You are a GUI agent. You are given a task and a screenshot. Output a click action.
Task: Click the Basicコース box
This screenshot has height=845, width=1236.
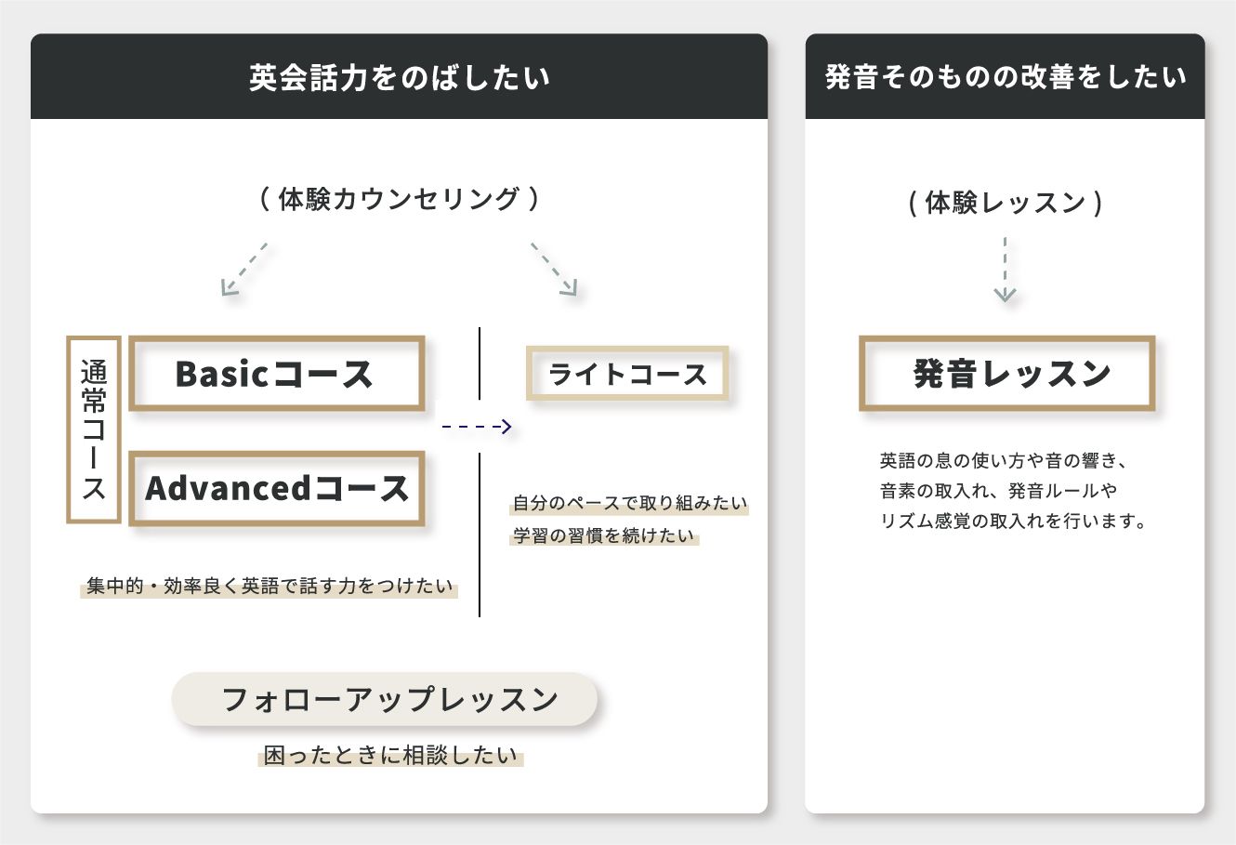(x=276, y=374)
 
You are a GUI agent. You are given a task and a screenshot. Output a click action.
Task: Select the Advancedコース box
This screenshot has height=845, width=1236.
(x=276, y=489)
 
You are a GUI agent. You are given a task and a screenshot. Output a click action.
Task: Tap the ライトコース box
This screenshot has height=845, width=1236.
(x=627, y=374)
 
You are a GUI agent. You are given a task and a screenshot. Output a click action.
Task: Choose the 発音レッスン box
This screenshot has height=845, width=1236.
(x=1006, y=374)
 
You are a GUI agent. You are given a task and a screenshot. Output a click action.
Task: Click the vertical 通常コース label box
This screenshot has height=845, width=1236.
(x=94, y=429)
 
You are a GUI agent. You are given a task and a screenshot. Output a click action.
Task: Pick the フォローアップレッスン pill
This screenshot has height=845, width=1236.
(x=385, y=699)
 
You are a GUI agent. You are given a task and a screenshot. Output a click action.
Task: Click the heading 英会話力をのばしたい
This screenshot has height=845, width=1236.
(x=399, y=77)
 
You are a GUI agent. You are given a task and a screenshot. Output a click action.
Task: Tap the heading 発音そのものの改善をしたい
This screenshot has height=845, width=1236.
(x=1005, y=77)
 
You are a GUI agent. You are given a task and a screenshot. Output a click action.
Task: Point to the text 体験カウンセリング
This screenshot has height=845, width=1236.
(x=399, y=199)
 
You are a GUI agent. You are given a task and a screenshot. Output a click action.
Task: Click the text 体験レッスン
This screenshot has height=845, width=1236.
(x=1006, y=203)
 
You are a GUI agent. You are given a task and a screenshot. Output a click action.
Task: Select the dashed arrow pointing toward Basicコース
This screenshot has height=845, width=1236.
(x=243, y=270)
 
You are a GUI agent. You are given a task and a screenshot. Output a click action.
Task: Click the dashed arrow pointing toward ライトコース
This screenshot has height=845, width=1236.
(x=555, y=270)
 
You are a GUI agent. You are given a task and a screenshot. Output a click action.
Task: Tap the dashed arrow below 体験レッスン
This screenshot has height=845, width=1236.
(x=1005, y=270)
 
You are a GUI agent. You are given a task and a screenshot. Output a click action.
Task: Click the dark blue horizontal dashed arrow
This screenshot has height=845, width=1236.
(x=477, y=427)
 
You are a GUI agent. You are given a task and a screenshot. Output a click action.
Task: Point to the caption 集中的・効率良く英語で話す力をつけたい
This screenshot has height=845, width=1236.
(x=270, y=587)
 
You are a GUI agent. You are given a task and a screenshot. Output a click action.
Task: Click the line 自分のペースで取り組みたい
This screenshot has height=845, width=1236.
(x=630, y=504)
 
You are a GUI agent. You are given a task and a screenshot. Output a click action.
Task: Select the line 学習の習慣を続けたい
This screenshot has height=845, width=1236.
(x=604, y=536)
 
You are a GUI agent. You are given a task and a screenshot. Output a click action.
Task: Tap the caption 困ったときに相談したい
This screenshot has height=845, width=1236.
(x=390, y=756)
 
